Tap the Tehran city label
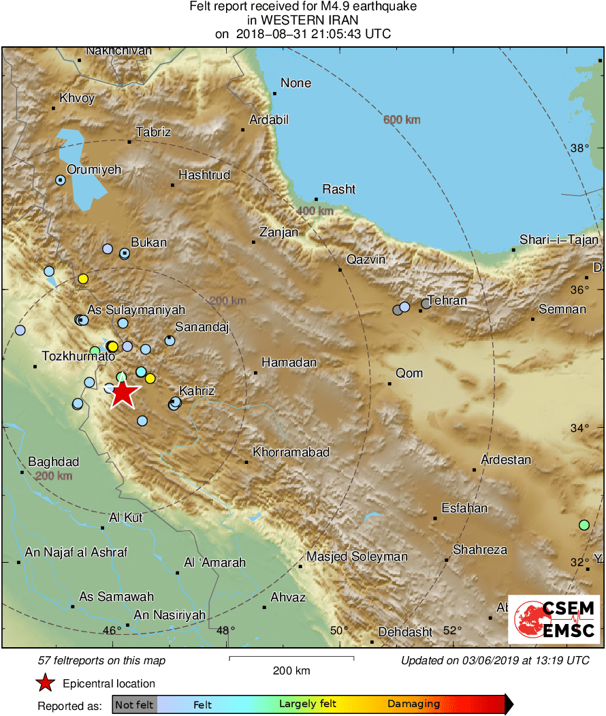tap(447, 300)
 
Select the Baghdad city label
tap(53, 461)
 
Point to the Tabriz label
tap(153, 132)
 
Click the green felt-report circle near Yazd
tap(584, 525)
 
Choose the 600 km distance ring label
tap(402, 120)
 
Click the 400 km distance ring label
tap(315, 211)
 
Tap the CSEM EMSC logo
tap(554, 619)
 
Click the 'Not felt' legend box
tap(134, 704)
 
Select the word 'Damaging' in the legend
tap(413, 704)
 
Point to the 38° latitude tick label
tap(579, 149)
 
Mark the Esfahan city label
tap(464, 508)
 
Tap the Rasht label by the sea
tap(339, 189)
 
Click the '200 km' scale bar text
tap(291, 670)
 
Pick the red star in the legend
tap(45, 683)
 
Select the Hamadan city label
tap(289, 362)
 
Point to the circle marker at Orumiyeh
tap(60, 181)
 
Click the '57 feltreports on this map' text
tap(101, 660)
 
